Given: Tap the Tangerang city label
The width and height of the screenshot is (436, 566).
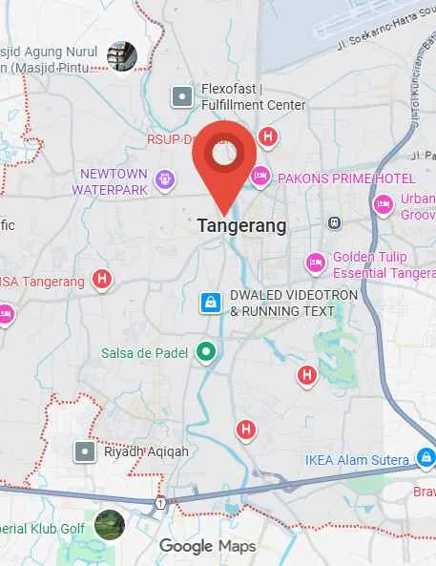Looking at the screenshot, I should coord(241,226).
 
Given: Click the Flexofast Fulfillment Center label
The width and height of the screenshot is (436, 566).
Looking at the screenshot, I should coord(253,97).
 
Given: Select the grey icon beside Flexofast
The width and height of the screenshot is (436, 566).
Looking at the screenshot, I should coord(182,96).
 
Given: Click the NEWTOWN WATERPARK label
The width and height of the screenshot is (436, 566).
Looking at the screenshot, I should coord(114,181).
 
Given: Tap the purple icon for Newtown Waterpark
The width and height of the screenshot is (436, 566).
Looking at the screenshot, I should coord(164,178).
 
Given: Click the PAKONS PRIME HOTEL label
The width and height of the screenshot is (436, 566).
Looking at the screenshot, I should coord(346,178).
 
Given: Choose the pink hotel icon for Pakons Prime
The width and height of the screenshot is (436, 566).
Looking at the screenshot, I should coord(260,176).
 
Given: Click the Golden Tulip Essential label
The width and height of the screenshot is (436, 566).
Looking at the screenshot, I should coord(382,264).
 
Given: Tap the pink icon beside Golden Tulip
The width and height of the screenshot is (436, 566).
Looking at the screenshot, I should coord(316,262).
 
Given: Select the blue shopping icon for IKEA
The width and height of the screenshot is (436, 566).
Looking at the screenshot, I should coord(426,458).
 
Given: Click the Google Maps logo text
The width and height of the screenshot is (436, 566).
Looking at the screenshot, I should coord(207,546).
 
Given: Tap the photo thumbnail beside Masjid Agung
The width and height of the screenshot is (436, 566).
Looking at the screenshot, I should coord(122,55).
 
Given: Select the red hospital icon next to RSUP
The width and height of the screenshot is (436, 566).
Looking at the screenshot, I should coord(268,137).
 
